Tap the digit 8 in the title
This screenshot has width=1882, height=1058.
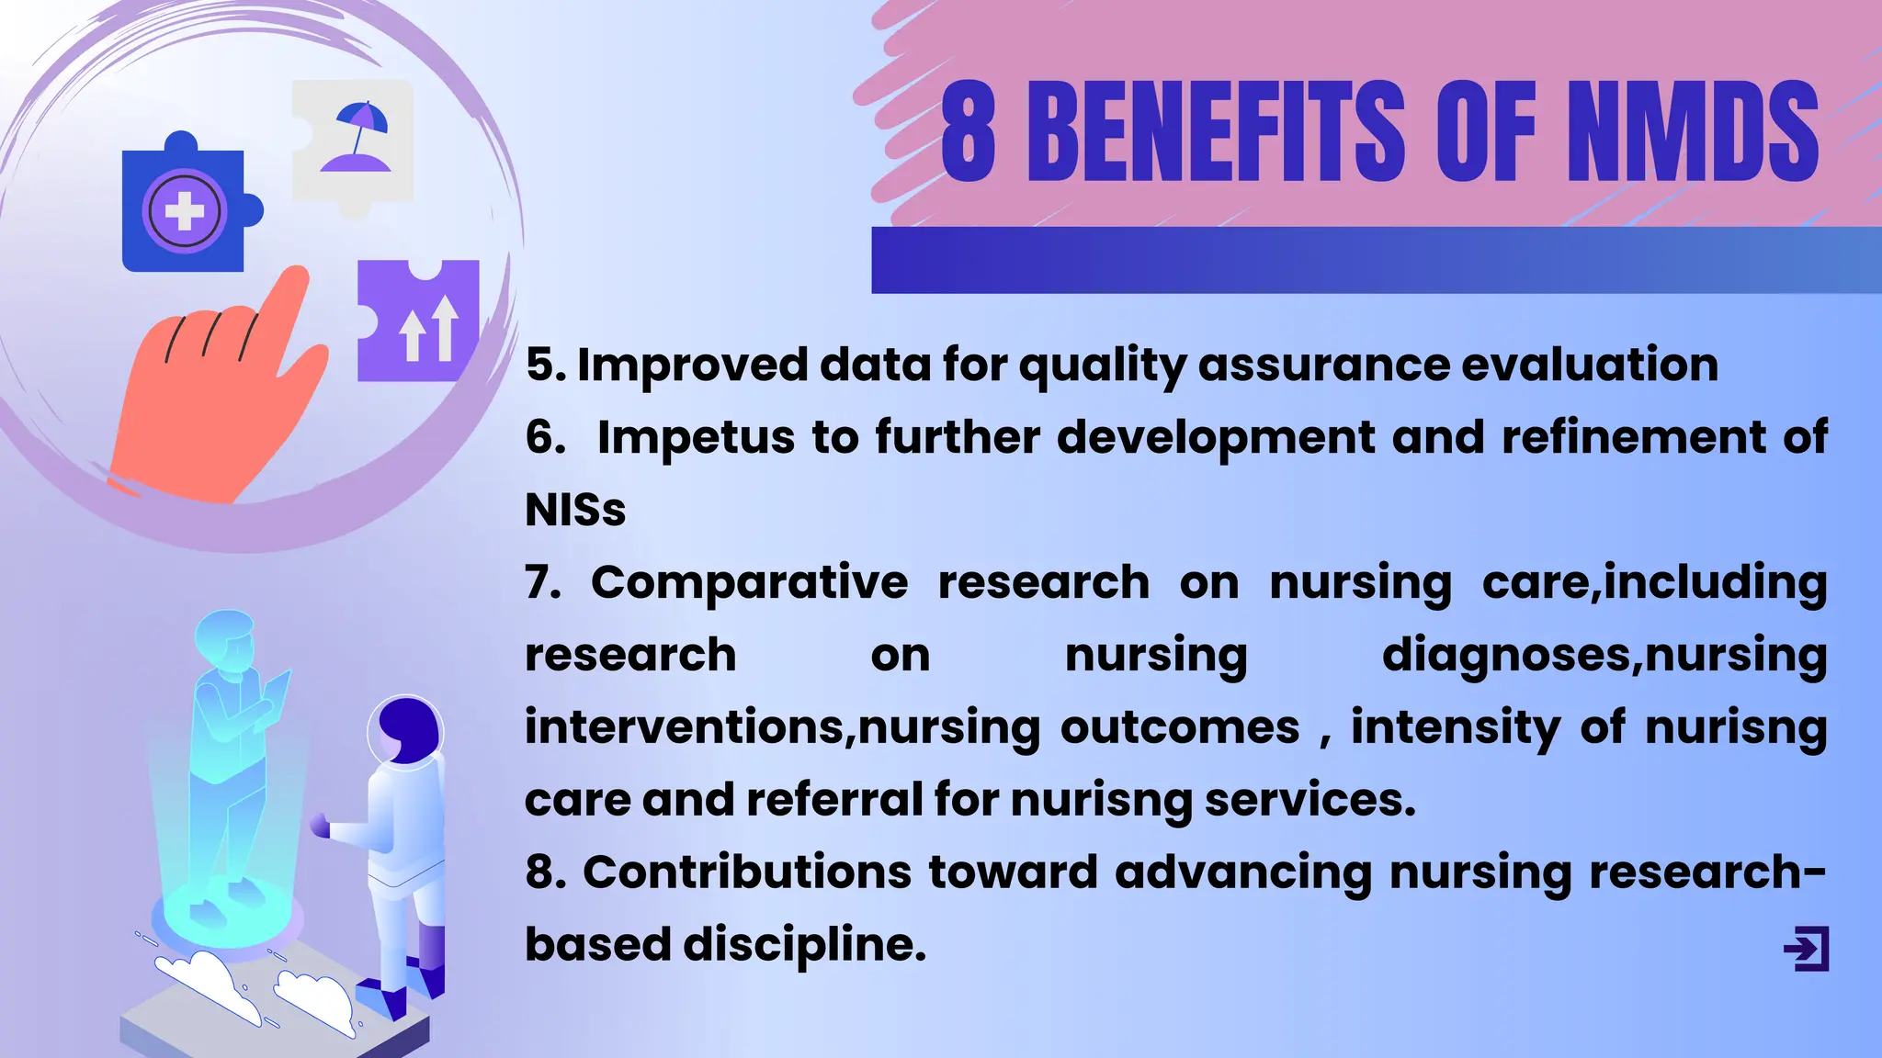[x=969, y=131]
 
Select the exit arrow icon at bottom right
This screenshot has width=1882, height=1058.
[x=1807, y=949]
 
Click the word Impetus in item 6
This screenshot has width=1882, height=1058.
[x=696, y=437]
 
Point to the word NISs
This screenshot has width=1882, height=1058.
[x=575, y=510]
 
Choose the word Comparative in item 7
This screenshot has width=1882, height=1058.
[x=749, y=582]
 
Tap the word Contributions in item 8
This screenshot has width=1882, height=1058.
[x=747, y=872]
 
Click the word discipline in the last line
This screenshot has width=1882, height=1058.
[x=804, y=944]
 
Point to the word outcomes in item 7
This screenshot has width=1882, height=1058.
[x=1180, y=727]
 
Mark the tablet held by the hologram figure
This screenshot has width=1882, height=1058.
[x=278, y=689]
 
